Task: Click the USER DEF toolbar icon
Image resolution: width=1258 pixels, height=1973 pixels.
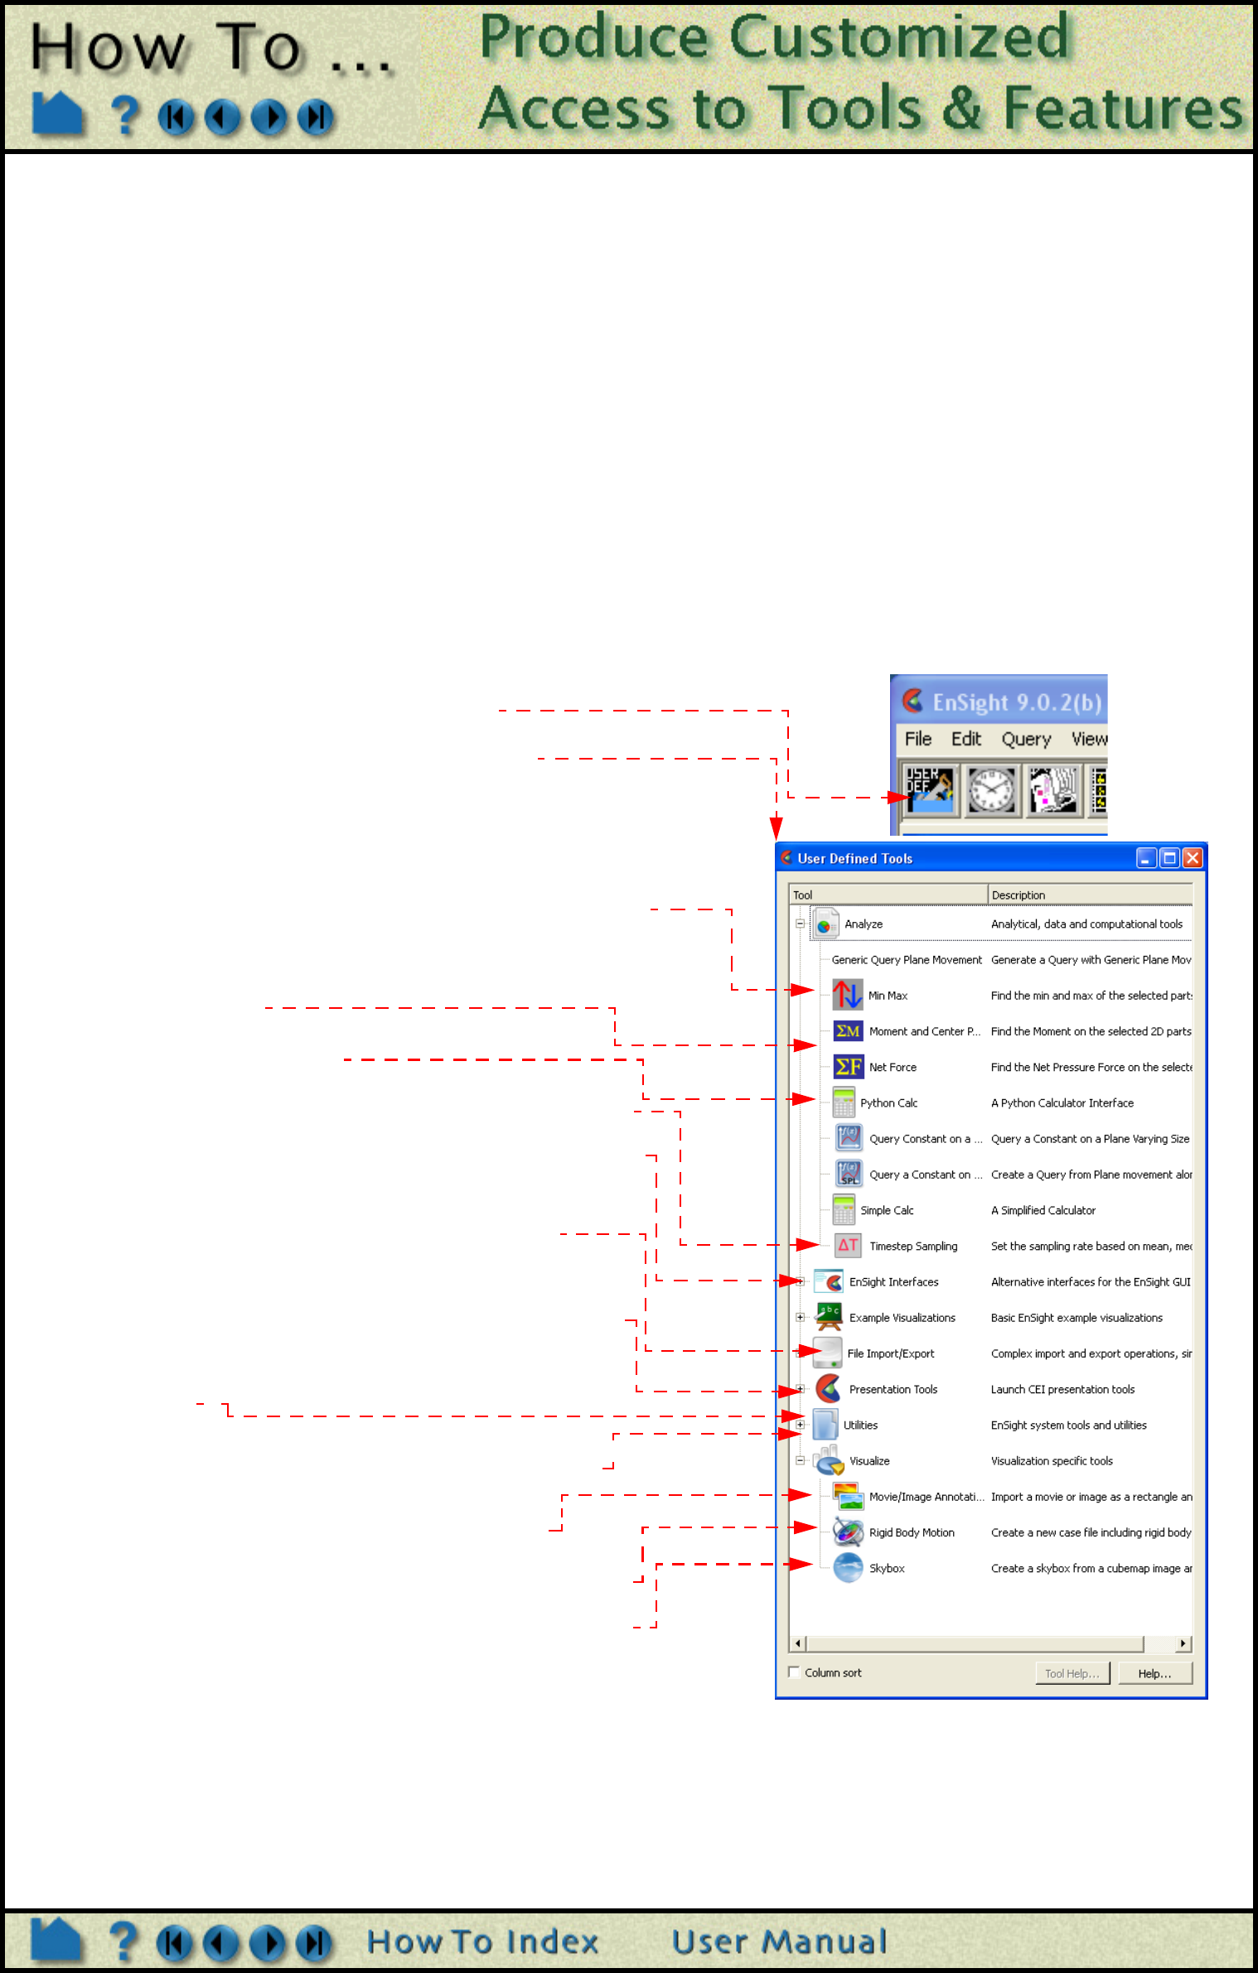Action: coord(930,790)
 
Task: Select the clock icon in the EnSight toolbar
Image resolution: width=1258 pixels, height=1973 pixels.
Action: coord(992,790)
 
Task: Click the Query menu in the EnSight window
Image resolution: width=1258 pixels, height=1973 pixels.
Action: coord(1026,739)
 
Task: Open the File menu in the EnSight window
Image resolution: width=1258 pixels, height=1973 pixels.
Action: coord(917,739)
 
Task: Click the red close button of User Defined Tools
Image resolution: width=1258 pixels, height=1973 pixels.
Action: coord(1193,858)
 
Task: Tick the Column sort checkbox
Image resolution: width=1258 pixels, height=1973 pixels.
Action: coord(794,1672)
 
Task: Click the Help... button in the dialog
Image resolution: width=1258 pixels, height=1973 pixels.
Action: coord(1154,1673)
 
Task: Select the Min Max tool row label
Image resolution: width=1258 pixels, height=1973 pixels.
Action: coord(888,996)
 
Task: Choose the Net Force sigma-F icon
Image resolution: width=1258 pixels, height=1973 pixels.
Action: coord(848,1067)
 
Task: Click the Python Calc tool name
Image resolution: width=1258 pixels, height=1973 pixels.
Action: coord(888,1103)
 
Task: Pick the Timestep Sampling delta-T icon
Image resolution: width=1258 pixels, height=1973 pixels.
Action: coord(848,1245)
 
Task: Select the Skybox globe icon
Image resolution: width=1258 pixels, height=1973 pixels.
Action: coord(848,1568)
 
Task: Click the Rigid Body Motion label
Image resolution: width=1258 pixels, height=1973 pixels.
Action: coord(912,1533)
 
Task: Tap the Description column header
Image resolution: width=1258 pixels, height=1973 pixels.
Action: coord(1018,895)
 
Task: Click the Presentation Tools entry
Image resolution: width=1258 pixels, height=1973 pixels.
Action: coord(893,1390)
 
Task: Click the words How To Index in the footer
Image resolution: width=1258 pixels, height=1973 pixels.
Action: coord(482,1942)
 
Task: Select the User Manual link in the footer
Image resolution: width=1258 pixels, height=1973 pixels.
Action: coord(779,1942)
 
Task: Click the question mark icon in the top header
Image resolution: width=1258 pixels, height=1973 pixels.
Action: coord(125,115)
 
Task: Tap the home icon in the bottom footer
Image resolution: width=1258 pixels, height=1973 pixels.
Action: coord(56,1942)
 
